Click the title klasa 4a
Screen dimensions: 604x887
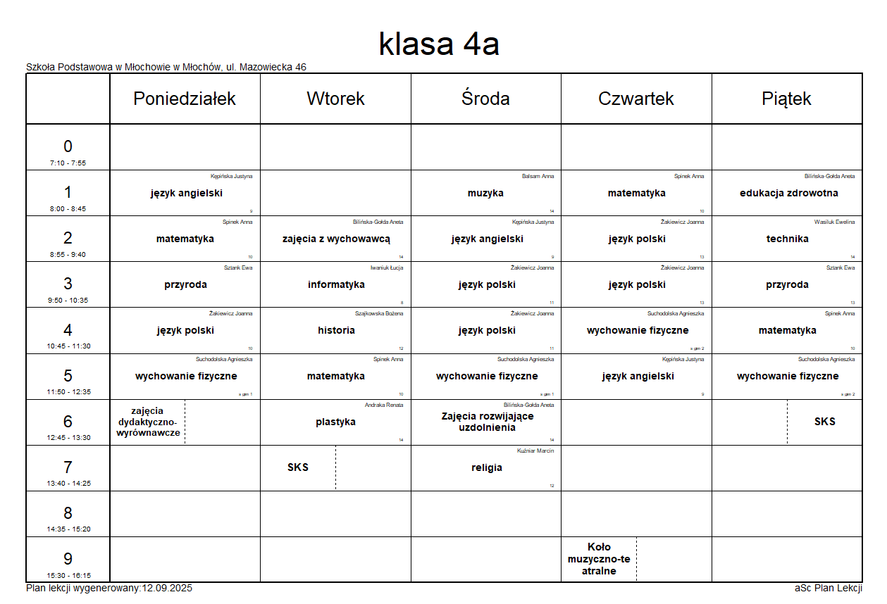coord(439,44)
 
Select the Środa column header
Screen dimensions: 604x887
coord(485,99)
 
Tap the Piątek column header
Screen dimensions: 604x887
coord(786,99)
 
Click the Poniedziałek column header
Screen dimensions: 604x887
coord(185,99)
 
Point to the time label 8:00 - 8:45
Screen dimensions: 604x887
coord(68,209)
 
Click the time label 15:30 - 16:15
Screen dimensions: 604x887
coord(68,575)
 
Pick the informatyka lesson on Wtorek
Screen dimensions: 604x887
coord(336,284)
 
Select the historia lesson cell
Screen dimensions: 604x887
coord(336,330)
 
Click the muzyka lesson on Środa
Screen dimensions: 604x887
coord(485,193)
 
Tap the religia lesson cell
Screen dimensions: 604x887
coord(486,467)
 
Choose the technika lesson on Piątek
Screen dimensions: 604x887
coord(787,239)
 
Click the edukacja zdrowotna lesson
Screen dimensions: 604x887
coord(788,193)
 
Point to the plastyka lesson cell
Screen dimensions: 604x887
coord(335,422)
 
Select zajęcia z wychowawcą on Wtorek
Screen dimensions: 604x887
coord(336,239)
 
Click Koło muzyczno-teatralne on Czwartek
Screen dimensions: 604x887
coord(599,559)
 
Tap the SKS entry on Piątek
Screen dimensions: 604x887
coord(824,422)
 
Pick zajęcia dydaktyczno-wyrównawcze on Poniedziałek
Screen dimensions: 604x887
coord(147,422)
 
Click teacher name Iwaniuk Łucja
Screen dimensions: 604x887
coord(387,268)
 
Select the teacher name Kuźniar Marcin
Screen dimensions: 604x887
coord(535,451)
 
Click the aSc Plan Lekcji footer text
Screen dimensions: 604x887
coord(828,589)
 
